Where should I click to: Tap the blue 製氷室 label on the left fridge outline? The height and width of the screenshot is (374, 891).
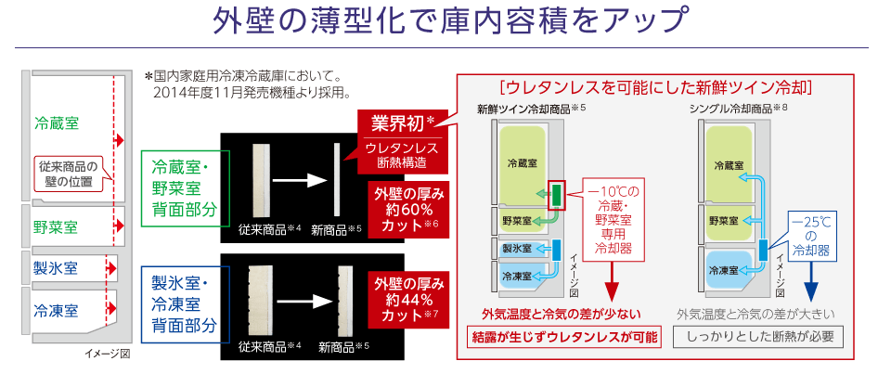(x=56, y=268)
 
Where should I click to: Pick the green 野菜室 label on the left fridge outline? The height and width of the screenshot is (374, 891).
(x=56, y=226)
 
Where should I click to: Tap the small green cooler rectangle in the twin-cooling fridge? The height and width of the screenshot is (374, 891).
(x=556, y=194)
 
